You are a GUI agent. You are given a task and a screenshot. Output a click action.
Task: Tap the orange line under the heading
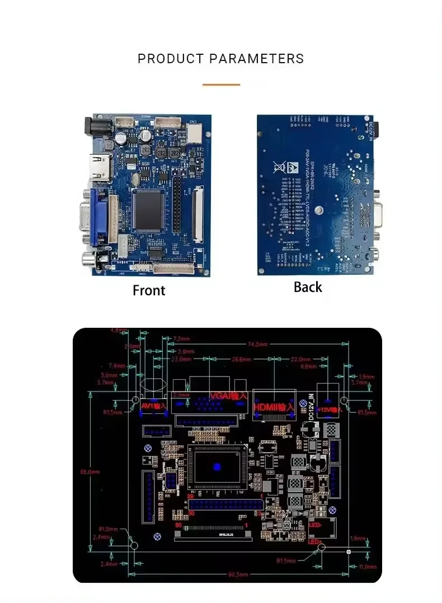click(221, 84)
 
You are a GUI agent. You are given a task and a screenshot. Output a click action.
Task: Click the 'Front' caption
click(149, 290)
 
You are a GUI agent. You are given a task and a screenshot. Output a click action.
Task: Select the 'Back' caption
click(308, 287)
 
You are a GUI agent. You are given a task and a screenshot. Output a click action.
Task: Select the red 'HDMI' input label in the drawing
click(274, 407)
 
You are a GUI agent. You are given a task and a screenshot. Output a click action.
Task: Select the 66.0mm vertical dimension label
click(91, 472)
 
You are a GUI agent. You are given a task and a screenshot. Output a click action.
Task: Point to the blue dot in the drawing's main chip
click(217, 467)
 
